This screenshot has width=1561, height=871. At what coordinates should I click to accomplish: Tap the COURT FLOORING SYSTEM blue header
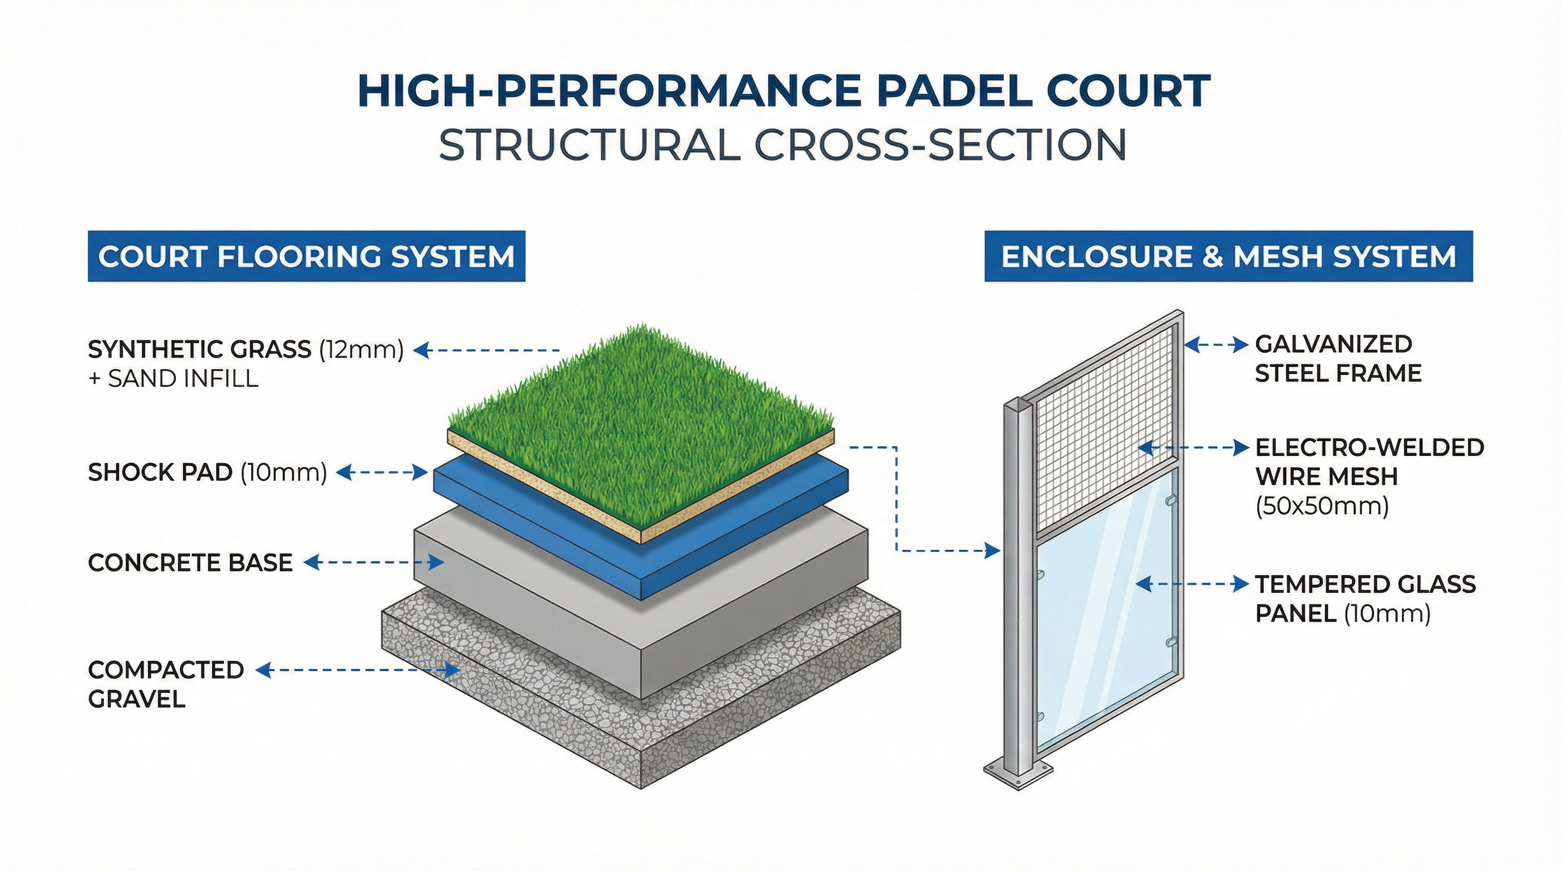pos(306,256)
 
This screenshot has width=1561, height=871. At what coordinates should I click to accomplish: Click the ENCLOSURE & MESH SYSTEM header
pos(1228,256)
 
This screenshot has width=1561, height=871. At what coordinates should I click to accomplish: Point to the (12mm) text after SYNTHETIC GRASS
pos(361,349)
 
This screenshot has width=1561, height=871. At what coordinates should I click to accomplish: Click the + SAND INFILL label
pos(174,379)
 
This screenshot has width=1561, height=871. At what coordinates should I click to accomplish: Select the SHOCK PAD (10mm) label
pos(207,472)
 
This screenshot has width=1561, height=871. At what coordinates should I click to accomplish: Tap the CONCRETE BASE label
pos(190,563)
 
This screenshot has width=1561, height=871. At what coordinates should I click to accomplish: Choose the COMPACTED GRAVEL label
pos(166,684)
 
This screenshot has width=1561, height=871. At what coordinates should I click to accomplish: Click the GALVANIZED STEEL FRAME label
pos(1338,358)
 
